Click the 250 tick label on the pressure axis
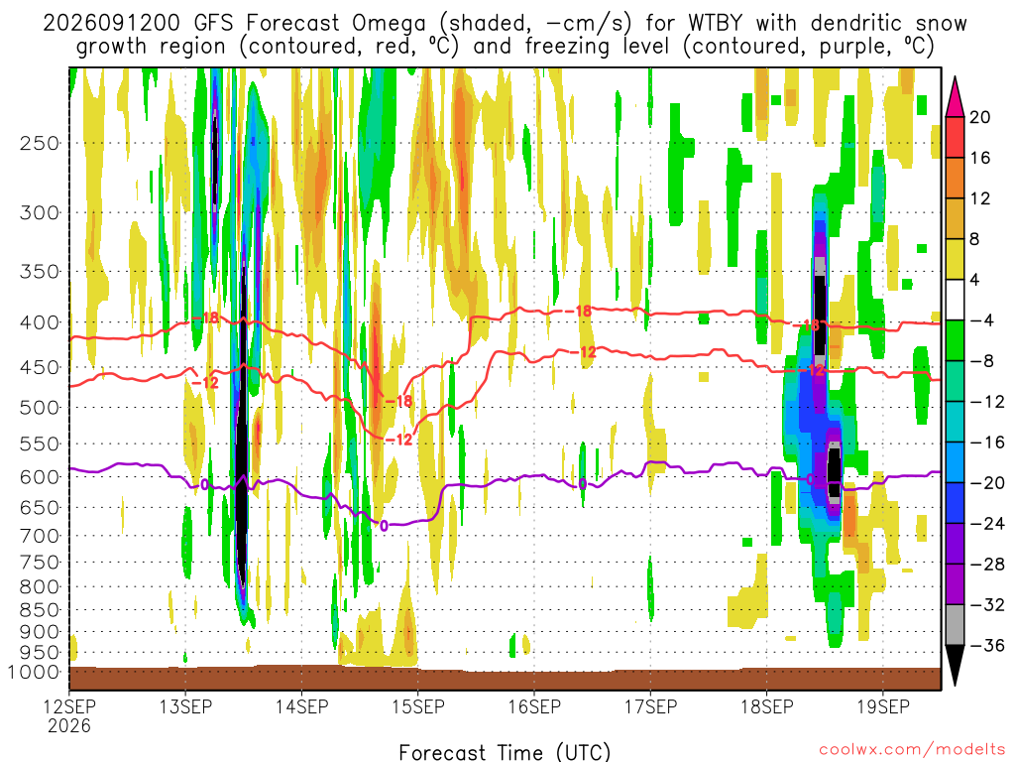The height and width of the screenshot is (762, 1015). click(x=40, y=143)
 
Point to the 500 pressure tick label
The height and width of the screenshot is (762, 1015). click(x=40, y=408)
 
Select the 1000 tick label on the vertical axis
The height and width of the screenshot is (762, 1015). click(x=34, y=673)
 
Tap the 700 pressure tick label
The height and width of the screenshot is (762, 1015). click(x=40, y=536)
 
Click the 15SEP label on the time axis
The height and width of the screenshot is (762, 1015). click(x=418, y=706)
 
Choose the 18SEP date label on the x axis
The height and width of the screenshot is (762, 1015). click(x=767, y=706)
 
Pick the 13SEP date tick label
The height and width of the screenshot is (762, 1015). click(x=185, y=706)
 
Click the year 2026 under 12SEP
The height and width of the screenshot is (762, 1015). click(x=69, y=725)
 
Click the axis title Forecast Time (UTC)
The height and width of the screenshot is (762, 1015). click(x=505, y=752)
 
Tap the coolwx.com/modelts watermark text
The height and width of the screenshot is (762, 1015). click(x=912, y=750)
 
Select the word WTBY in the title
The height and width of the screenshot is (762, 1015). click(x=716, y=23)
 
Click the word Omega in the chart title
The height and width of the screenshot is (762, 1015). click(x=389, y=23)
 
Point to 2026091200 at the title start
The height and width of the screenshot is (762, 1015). click(x=111, y=23)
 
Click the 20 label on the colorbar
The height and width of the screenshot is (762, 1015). click(x=979, y=117)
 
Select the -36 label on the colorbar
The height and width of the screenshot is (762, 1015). click(x=987, y=645)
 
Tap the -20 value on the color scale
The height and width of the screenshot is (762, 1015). click(x=987, y=483)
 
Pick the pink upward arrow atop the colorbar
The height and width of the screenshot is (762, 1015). click(x=955, y=96)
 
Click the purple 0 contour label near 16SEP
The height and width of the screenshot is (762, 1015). click(x=583, y=484)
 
